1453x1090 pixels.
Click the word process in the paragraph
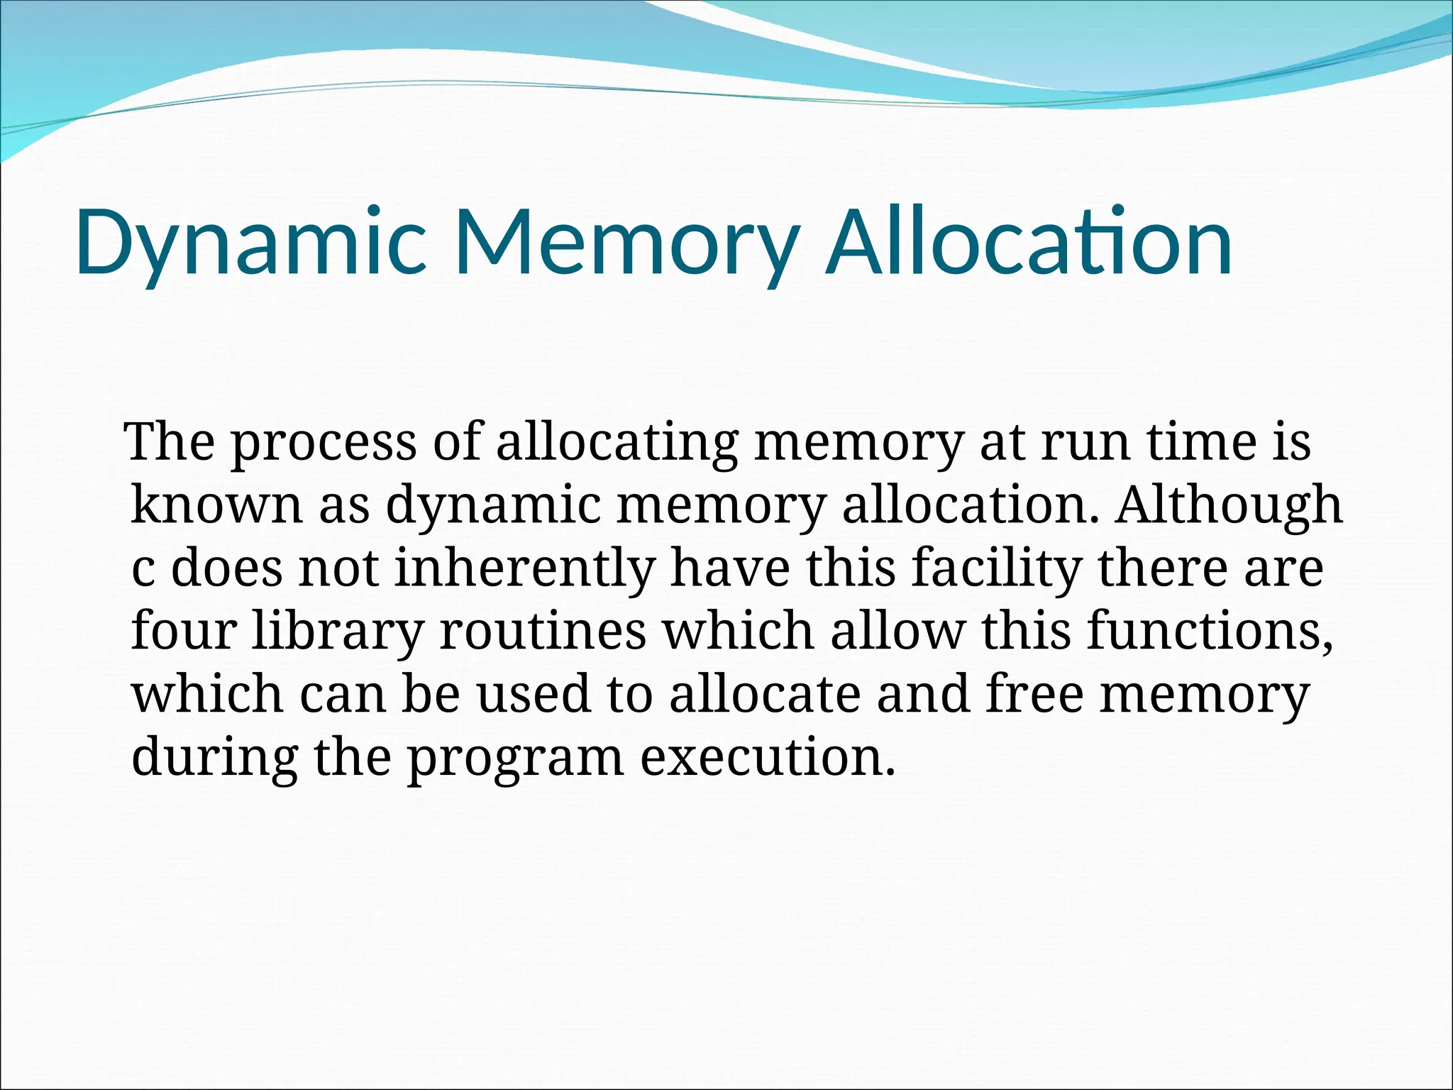tap(324, 444)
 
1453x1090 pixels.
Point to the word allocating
tap(617, 444)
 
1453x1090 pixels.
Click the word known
tap(217, 505)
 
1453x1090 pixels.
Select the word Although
tap(1228, 505)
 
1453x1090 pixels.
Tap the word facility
tap(996, 568)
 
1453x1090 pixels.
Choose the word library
tap(338, 631)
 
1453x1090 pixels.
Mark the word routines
tap(543, 631)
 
